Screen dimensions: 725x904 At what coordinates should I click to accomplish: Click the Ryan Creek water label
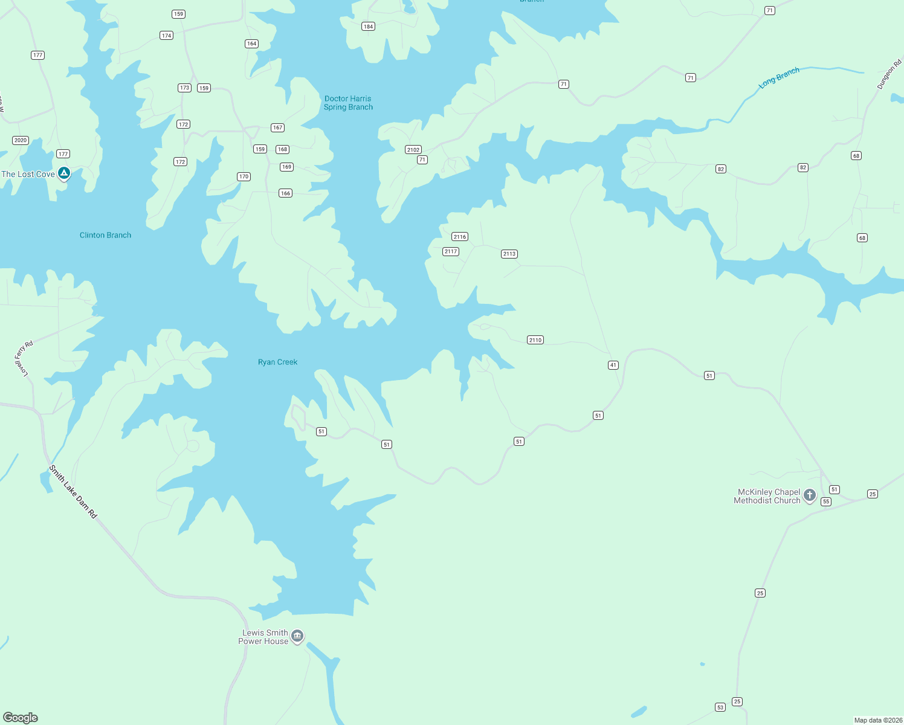tap(277, 362)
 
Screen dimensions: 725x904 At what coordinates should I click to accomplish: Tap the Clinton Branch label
tap(105, 235)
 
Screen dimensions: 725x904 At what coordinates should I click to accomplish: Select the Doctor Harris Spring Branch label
tap(348, 103)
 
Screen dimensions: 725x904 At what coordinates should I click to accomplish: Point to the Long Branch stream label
tap(779, 78)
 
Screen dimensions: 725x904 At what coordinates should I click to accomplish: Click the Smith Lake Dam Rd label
tap(73, 491)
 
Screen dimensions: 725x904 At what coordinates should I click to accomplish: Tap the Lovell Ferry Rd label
tap(24, 358)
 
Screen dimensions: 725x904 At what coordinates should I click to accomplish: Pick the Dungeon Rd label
tap(889, 74)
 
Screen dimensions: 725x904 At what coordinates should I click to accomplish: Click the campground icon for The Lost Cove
tap(64, 174)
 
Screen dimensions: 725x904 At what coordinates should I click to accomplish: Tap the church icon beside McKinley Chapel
tap(810, 495)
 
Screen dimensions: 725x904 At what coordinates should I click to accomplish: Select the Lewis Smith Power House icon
tap(297, 636)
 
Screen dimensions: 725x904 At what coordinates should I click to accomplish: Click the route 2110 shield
tap(535, 340)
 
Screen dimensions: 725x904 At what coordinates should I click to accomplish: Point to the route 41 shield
tap(613, 365)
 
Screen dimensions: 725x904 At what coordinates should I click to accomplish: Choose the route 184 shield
tap(368, 27)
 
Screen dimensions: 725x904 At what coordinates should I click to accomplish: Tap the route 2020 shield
tap(21, 140)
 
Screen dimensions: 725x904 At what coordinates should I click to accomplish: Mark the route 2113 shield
tap(509, 254)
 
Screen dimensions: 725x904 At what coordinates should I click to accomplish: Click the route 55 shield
tap(826, 501)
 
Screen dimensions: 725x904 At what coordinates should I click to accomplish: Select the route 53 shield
tap(720, 707)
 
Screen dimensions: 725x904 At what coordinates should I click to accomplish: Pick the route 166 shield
tap(285, 193)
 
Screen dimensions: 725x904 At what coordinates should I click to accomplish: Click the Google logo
tap(21, 718)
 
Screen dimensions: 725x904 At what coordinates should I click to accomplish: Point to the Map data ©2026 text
tap(878, 720)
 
